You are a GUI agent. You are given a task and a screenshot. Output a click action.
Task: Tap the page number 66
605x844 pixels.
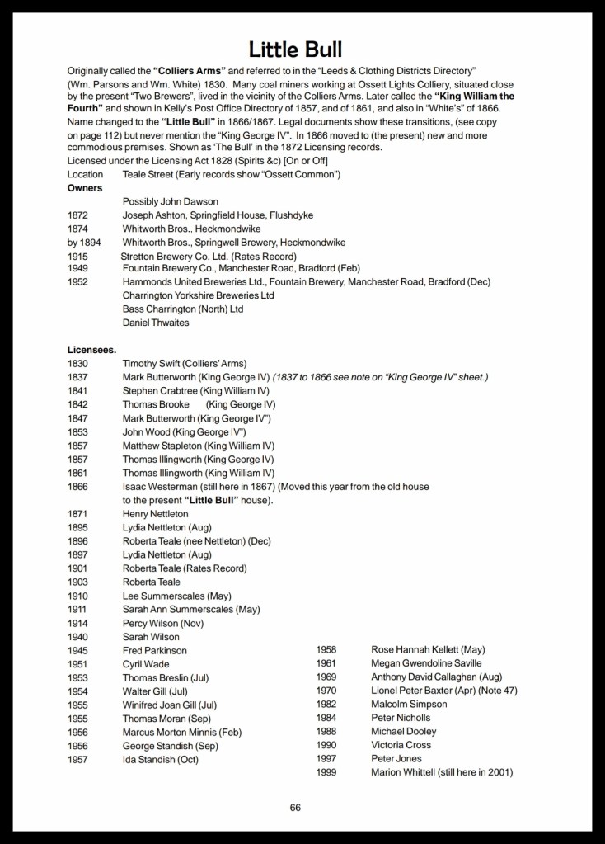click(295, 807)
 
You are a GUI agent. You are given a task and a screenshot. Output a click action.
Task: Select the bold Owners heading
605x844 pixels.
click(85, 188)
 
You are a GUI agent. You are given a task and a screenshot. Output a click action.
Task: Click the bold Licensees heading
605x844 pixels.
click(91, 350)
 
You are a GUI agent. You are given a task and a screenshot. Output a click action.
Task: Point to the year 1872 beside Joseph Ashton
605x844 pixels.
click(77, 215)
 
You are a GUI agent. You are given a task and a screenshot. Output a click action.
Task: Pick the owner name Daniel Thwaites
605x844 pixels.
click(156, 323)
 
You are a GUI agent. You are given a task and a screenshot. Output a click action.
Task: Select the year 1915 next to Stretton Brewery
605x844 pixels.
click(77, 256)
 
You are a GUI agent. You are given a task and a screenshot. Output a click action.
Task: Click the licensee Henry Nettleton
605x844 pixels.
click(156, 514)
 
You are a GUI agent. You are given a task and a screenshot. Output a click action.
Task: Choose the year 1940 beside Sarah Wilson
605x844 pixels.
click(77, 637)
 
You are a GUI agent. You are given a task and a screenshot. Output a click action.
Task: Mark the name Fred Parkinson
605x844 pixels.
click(155, 651)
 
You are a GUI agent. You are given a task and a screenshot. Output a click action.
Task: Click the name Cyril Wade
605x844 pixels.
click(146, 664)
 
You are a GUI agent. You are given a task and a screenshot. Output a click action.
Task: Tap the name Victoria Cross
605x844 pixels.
click(401, 745)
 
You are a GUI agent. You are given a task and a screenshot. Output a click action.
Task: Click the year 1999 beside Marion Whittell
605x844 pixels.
click(327, 772)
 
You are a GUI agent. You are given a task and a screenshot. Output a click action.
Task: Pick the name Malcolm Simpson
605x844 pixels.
click(410, 705)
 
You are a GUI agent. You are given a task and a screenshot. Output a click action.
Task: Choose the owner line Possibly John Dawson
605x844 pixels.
click(171, 201)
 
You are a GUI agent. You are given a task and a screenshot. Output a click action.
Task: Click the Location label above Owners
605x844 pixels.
click(85, 174)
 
